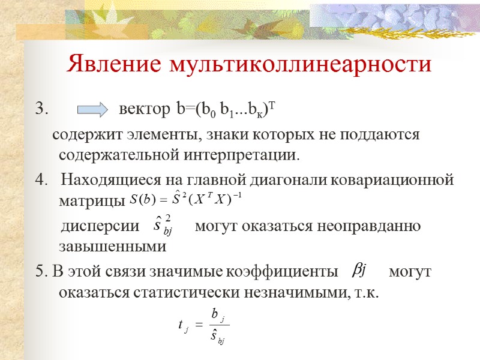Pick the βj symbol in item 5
[359, 271]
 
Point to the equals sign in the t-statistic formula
[198, 325]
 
